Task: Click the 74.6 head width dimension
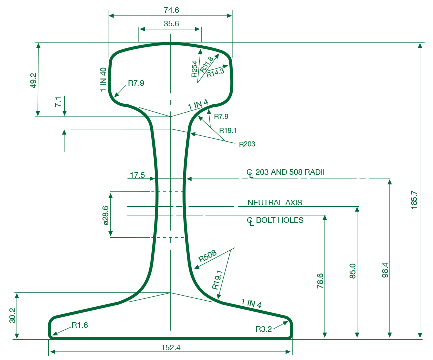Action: point(171,10)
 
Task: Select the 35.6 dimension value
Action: point(171,24)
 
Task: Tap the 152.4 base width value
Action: point(171,348)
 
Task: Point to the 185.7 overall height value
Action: point(414,200)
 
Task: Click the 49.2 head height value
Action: point(33,81)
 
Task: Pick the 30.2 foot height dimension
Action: point(13,316)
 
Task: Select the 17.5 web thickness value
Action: point(137,175)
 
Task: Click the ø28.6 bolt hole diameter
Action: point(106,215)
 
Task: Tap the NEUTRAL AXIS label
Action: point(275,202)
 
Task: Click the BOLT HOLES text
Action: point(280,220)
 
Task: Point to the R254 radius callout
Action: point(194,69)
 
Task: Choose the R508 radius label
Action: point(208,256)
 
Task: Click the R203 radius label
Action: point(247,144)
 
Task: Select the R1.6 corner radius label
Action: point(80,325)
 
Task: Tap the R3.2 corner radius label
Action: point(264,329)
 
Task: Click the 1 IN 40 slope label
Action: point(103,79)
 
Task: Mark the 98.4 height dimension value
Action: point(385,270)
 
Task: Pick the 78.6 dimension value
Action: point(320,281)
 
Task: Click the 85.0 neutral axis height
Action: point(353,271)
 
